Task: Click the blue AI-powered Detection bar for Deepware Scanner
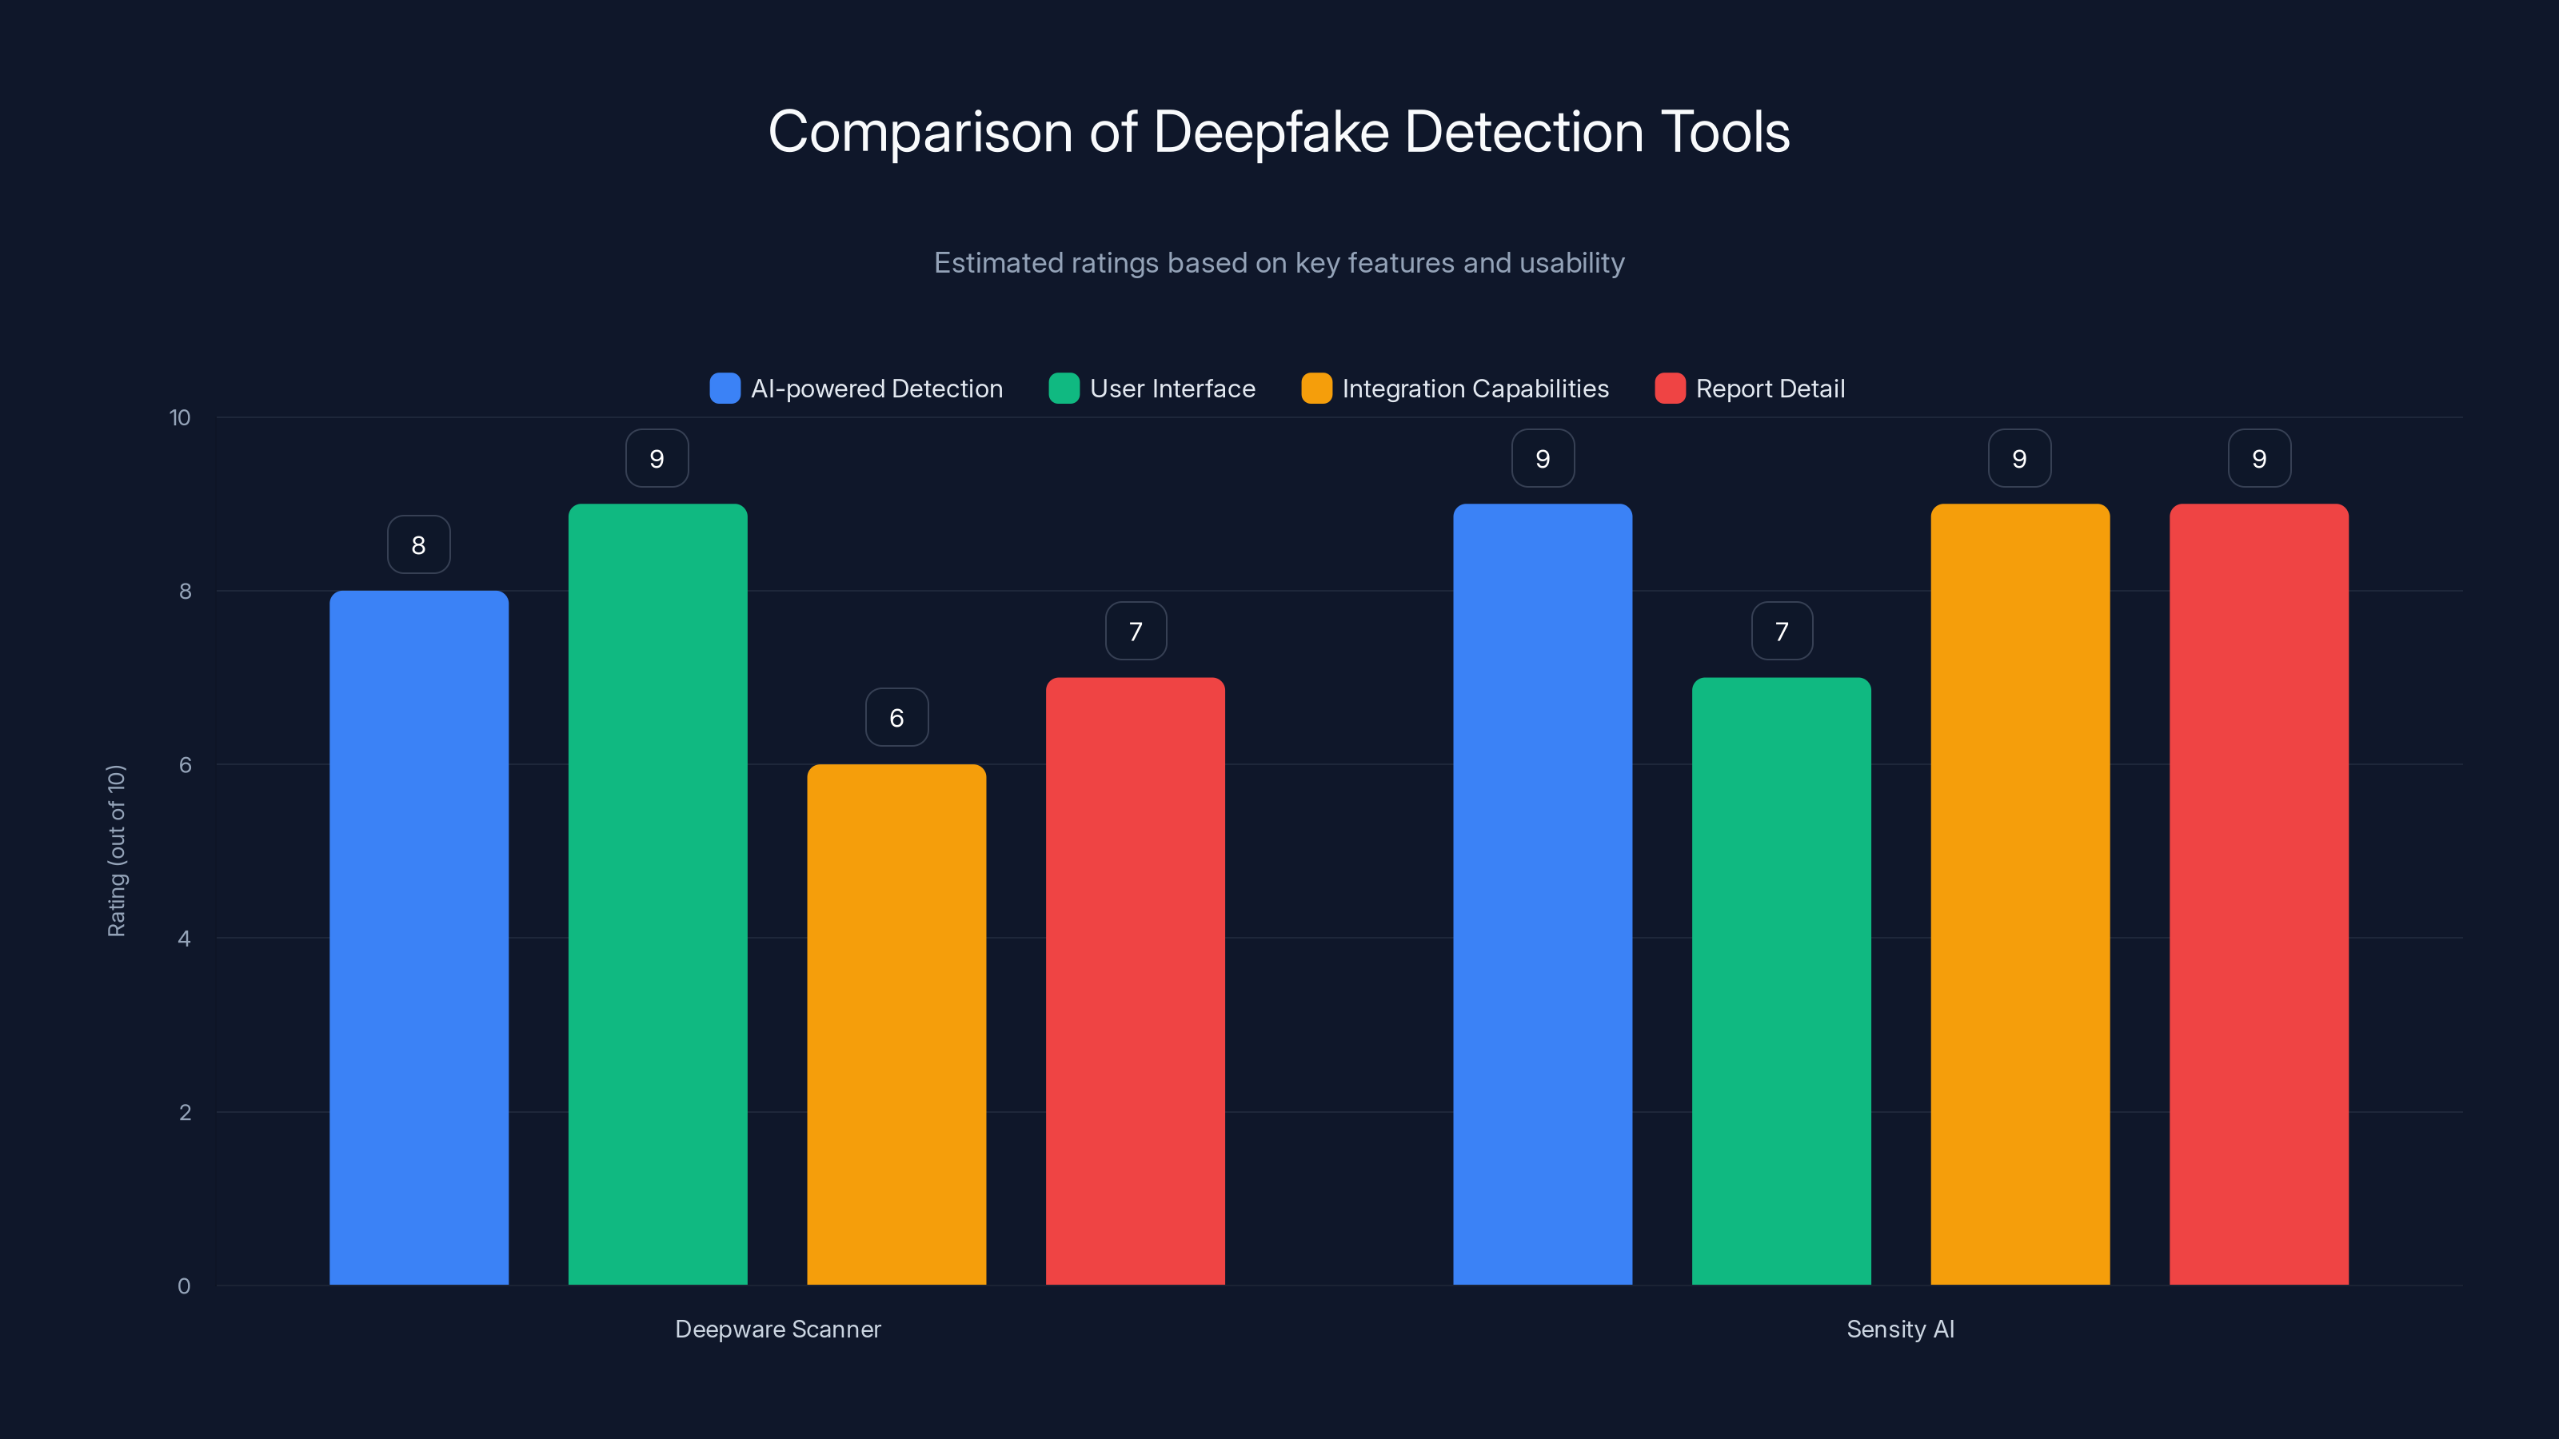(x=418, y=938)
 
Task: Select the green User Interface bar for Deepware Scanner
(x=657, y=894)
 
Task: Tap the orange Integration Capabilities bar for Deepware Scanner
(x=896, y=1024)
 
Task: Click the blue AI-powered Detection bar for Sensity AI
(x=1542, y=894)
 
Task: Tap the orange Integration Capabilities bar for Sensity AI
(x=2019, y=894)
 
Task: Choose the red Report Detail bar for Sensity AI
(x=2258, y=894)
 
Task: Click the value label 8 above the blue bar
(x=418, y=544)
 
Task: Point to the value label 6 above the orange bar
(x=896, y=717)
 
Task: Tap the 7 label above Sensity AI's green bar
(x=1781, y=631)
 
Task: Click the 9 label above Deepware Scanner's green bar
(x=657, y=458)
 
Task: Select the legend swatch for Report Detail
(x=1669, y=389)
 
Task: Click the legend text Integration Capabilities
(x=1475, y=389)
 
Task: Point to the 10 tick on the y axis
(x=180, y=417)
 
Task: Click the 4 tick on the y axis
(x=184, y=939)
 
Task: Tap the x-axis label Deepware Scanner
(x=778, y=1329)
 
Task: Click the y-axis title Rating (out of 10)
(x=116, y=850)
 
